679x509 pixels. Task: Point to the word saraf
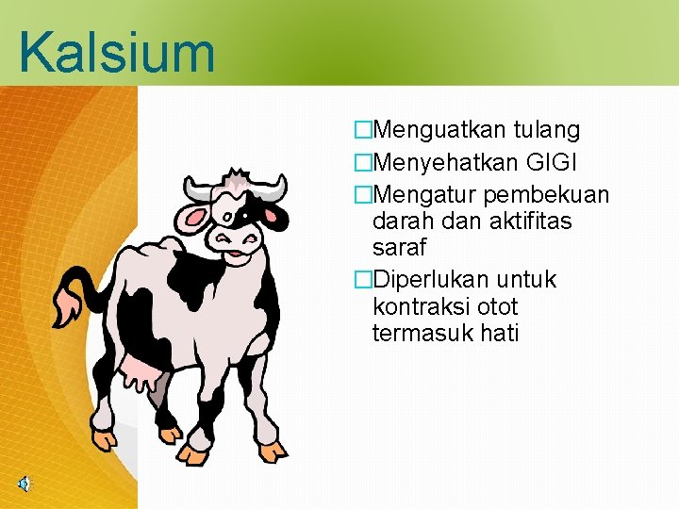pyautogui.click(x=400, y=248)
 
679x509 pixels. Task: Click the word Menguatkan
pyautogui.click(x=437, y=130)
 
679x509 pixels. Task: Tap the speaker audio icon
pyautogui.click(x=23, y=484)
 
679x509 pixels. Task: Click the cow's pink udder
pyautogui.click(x=141, y=374)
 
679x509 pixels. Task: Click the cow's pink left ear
pyautogui.click(x=196, y=220)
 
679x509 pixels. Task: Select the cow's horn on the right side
pyautogui.click(x=273, y=189)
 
